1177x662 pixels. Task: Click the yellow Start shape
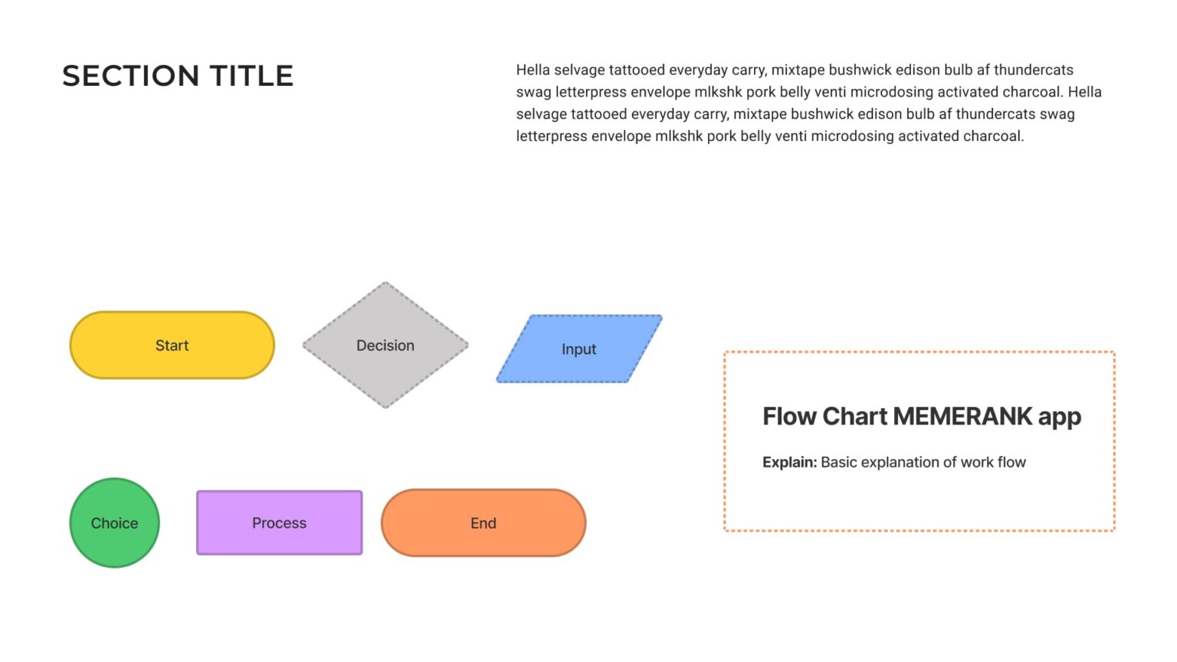[172, 345]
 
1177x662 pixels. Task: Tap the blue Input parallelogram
[579, 349]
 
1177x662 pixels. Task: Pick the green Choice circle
[114, 523]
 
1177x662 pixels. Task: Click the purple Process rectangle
[279, 523]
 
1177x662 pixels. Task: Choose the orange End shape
[483, 523]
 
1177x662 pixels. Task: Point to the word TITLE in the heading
[251, 76]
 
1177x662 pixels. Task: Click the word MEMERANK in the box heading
[962, 416]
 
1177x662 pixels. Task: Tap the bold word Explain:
[789, 462]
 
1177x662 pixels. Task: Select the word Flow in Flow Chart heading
[789, 416]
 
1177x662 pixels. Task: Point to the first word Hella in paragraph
[533, 70]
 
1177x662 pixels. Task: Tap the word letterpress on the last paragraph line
[551, 136]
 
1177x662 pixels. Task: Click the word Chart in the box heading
[854, 416]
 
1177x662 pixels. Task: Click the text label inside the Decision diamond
[385, 346]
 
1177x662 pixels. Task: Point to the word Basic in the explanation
[838, 462]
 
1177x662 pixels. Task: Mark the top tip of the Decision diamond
[385, 283]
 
